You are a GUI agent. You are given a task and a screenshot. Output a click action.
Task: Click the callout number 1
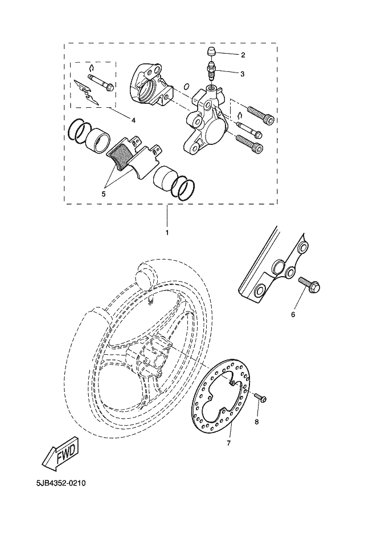[x=167, y=233]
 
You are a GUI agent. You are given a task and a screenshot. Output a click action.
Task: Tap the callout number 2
[x=243, y=55]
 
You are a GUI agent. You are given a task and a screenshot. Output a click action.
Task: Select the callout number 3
[x=243, y=74]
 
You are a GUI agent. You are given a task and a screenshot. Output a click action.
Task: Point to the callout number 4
[x=133, y=120]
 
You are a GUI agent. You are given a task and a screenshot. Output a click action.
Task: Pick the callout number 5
[x=104, y=194]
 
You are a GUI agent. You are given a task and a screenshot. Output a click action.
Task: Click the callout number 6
[x=293, y=314]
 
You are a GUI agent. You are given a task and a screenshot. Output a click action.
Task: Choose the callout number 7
[x=229, y=443]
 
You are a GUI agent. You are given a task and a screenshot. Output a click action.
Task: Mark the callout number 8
[x=256, y=422]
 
